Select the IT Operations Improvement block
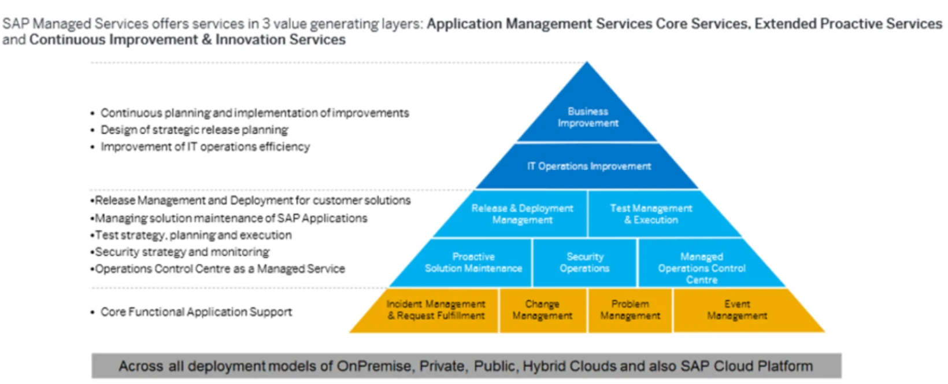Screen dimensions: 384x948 coord(588,166)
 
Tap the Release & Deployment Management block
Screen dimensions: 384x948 coord(522,214)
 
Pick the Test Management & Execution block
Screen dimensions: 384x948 coord(651,214)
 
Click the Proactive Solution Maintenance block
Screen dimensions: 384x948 coord(473,263)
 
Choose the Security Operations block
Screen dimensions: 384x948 coord(584,263)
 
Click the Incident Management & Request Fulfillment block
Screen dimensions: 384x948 coord(436,310)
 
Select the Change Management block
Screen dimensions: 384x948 coord(542,310)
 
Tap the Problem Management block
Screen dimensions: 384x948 coord(630,310)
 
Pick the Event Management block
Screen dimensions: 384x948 coord(737,310)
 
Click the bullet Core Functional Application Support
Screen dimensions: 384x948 coord(196,312)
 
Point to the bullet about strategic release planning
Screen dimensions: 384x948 coord(194,130)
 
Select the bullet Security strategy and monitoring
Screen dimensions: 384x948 coord(182,252)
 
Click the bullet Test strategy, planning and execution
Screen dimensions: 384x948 coord(193,235)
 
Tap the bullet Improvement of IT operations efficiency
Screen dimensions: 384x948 coord(205,147)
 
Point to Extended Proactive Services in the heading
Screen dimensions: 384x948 coord(848,24)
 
